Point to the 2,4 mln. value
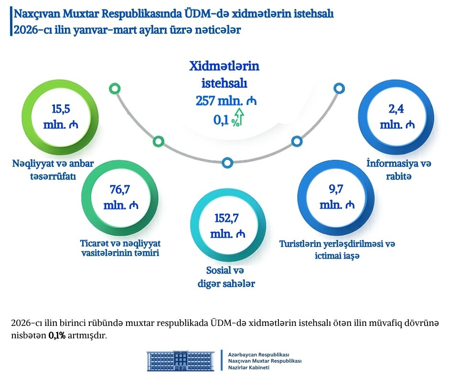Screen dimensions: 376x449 [x=397, y=116]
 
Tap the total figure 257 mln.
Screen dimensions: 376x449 [x=223, y=101]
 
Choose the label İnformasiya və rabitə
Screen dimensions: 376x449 [x=399, y=170]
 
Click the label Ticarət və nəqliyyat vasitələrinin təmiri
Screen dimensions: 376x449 [x=120, y=248]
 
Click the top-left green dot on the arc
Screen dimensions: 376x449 [x=114, y=88]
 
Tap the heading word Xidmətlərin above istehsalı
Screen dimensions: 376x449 [x=224, y=66]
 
